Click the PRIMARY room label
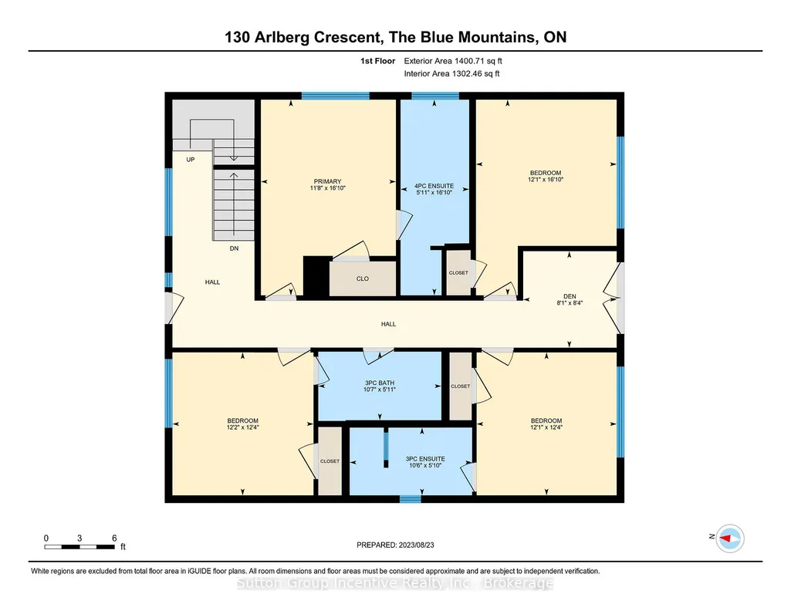tap(327, 181)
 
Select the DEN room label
tap(570, 296)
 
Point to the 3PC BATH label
tap(380, 383)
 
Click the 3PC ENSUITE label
tap(425, 459)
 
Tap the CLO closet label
tap(363, 278)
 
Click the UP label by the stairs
tap(190, 159)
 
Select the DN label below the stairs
tap(234, 248)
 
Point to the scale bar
tap(79, 546)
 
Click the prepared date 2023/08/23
tap(416, 545)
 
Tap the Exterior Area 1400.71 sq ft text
tap(453, 61)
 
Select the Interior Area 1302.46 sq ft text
tap(452, 73)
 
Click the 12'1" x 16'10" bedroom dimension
tap(546, 179)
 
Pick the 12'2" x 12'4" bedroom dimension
tap(242, 427)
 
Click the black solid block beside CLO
tap(316, 276)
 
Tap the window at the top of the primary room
tap(336, 96)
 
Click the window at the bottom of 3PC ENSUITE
tap(410, 499)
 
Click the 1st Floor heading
tap(378, 61)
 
